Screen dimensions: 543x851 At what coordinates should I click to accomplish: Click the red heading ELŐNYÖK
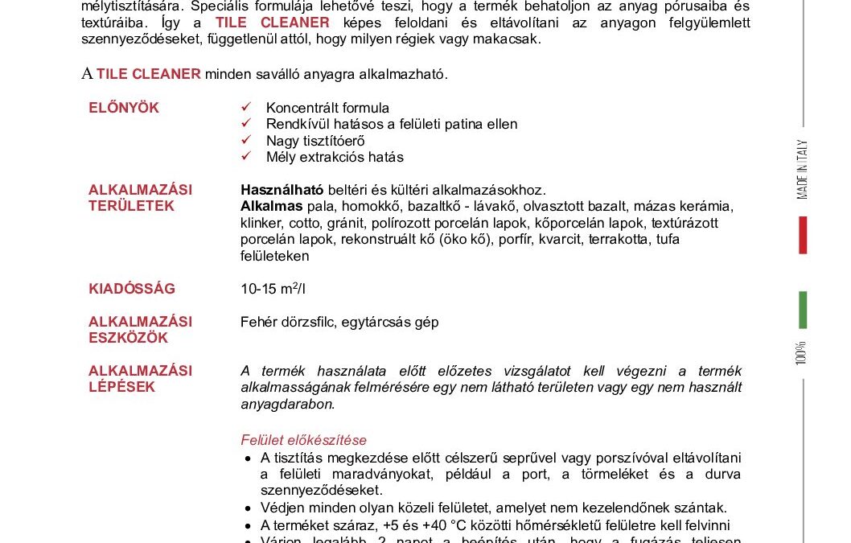point(124,108)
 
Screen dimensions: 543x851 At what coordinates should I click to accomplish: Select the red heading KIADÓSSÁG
point(132,289)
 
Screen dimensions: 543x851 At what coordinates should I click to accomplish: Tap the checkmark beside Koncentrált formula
point(247,107)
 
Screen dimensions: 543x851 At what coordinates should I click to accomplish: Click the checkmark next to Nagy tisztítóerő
point(247,140)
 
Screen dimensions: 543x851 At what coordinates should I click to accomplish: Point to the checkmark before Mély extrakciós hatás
point(247,157)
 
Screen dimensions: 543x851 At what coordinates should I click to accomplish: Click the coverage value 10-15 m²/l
point(273,289)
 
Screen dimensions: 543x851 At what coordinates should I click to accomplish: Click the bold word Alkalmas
point(267,207)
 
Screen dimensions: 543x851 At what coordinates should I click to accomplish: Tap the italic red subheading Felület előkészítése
point(303,440)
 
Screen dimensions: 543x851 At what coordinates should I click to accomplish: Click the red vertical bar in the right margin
point(802,235)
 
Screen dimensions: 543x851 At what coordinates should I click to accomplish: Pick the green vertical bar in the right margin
point(802,310)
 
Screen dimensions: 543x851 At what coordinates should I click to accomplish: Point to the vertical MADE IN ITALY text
point(802,170)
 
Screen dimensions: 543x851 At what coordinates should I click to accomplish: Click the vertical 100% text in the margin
point(801,353)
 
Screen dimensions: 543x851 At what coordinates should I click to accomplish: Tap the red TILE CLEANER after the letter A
point(149,74)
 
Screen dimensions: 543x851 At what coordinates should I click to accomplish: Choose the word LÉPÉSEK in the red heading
point(122,387)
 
